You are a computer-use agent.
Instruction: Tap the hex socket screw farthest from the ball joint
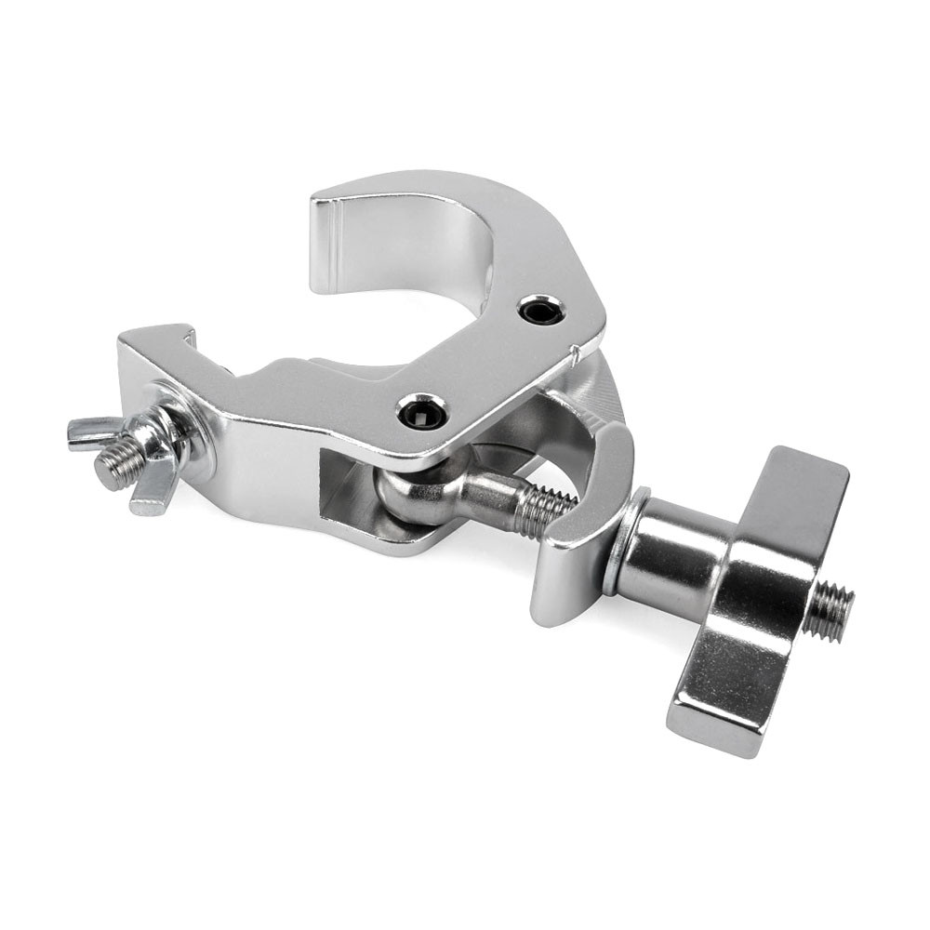(541, 310)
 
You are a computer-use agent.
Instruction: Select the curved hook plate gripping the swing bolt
(581, 521)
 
